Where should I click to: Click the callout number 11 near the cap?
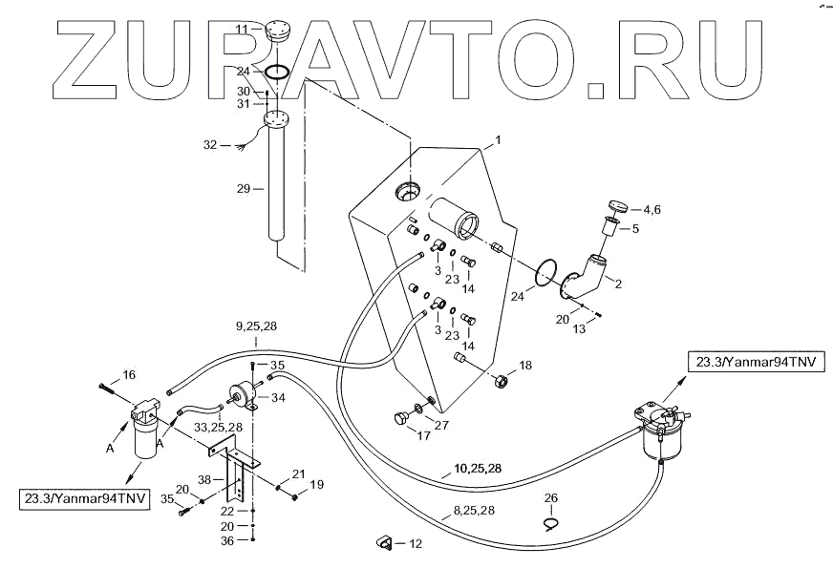(x=243, y=30)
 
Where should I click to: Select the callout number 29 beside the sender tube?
(x=243, y=189)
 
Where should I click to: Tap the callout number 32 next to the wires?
(x=210, y=145)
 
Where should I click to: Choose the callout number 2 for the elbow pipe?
(x=618, y=283)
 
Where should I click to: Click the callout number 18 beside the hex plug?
(x=524, y=366)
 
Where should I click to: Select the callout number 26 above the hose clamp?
(x=550, y=497)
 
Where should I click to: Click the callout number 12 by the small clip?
(x=414, y=544)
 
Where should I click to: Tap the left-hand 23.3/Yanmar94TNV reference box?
(x=84, y=498)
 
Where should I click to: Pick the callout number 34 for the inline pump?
(x=279, y=398)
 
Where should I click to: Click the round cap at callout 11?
(x=277, y=30)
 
